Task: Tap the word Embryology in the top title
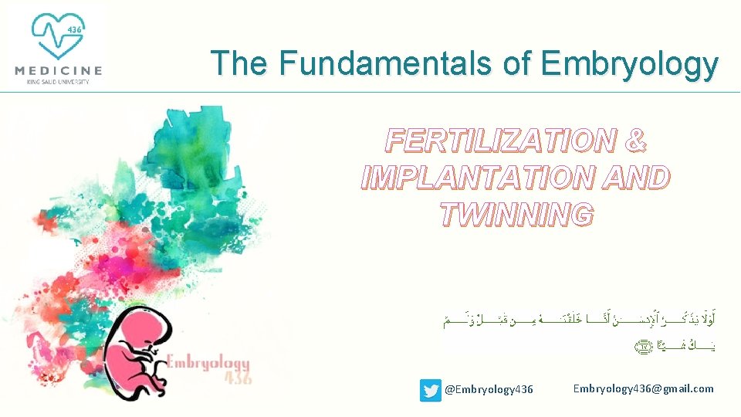click(x=629, y=64)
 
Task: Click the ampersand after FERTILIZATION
click(x=633, y=141)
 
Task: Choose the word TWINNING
click(x=516, y=214)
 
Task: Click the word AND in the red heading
click(x=631, y=177)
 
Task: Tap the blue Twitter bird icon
click(x=430, y=390)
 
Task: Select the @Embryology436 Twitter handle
click(x=489, y=390)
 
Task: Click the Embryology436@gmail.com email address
click(x=643, y=388)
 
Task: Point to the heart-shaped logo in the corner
click(x=58, y=35)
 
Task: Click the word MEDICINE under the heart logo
click(x=58, y=70)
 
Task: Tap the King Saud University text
click(x=58, y=81)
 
